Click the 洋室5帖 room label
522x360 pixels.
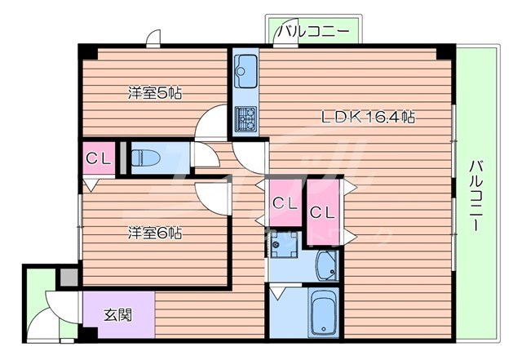154,92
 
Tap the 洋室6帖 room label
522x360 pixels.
154,232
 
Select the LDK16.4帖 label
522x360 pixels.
367,116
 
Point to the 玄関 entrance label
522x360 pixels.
117,314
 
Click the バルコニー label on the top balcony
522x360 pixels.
312,32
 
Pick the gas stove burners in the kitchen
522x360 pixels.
246,119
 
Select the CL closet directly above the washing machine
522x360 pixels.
285,202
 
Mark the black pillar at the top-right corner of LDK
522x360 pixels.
445,51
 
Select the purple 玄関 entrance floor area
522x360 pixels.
118,315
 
